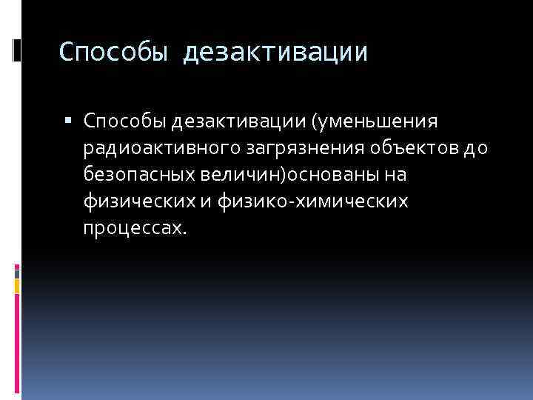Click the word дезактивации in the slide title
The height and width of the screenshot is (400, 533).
pos(275,53)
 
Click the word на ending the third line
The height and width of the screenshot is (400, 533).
pos(398,176)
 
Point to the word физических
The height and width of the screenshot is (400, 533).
pos(139,201)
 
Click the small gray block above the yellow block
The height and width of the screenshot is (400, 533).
pos(17,272)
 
